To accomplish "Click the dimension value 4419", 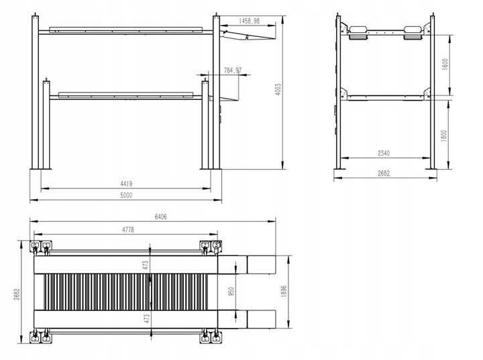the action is pyautogui.click(x=126, y=184).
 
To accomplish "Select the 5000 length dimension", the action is pyautogui.click(x=126, y=195).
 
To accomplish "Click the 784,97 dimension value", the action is pyautogui.click(x=233, y=70).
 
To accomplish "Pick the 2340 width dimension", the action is pyautogui.click(x=384, y=154).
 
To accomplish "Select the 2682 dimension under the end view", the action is pyautogui.click(x=384, y=174).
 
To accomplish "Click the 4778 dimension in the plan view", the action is pyautogui.click(x=127, y=229).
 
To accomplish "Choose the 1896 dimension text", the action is pyautogui.click(x=284, y=292).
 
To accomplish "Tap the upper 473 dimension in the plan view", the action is pyautogui.click(x=146, y=264).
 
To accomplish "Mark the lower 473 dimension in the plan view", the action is pyautogui.click(x=146, y=318).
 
